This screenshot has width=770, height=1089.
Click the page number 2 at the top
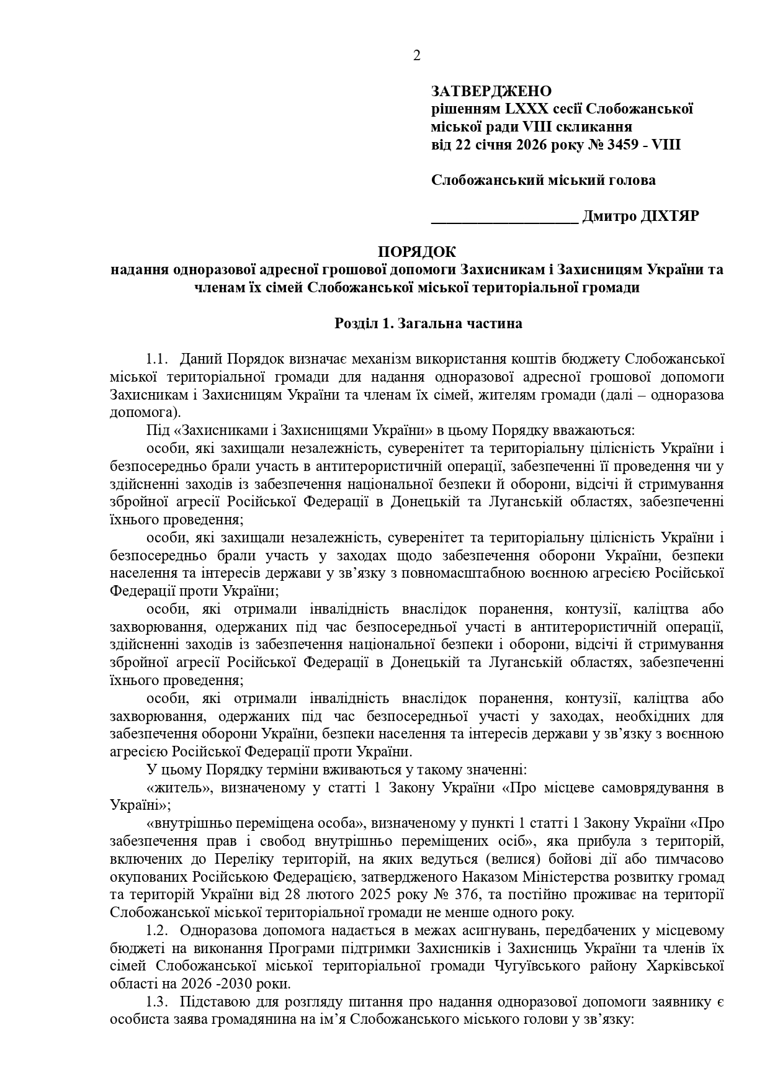pyautogui.click(x=416, y=56)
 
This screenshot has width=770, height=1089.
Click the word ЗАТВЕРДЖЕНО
pyautogui.click(x=491, y=92)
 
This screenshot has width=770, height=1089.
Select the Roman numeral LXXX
pyautogui.click(x=527, y=110)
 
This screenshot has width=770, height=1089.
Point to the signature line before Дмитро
pyautogui.click(x=504, y=218)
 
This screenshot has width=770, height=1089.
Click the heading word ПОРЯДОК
pyautogui.click(x=416, y=253)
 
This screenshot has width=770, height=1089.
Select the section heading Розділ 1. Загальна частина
pyautogui.click(x=428, y=324)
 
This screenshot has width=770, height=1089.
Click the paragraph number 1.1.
pyautogui.click(x=157, y=359)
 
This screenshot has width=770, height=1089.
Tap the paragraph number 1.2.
pyautogui.click(x=157, y=931)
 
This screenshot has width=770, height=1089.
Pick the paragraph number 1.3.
pyautogui.click(x=157, y=1002)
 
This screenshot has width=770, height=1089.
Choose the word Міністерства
pyautogui.click(x=566, y=877)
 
